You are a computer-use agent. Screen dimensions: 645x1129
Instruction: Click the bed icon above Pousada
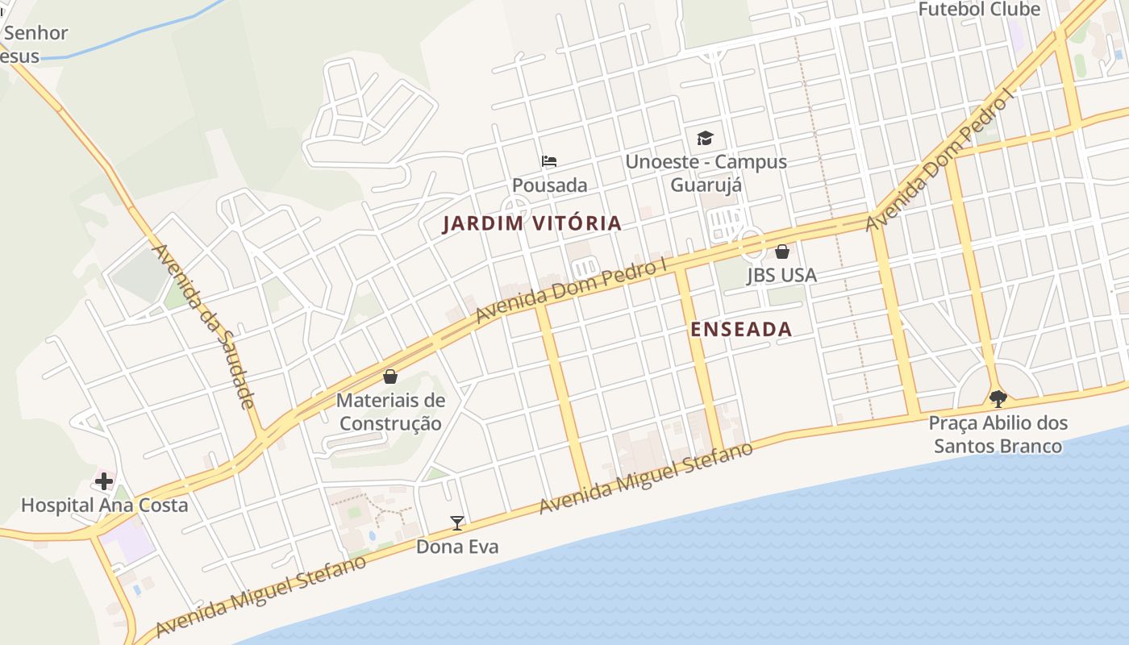click(x=549, y=161)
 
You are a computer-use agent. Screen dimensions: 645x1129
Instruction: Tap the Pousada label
click(x=549, y=185)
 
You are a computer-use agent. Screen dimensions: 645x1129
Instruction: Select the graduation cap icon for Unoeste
click(x=706, y=138)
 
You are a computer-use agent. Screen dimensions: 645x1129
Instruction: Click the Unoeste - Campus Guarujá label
click(x=706, y=173)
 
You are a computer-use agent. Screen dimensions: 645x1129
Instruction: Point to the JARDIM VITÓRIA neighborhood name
click(x=532, y=223)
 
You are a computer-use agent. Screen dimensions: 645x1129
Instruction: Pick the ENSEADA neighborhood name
click(x=741, y=329)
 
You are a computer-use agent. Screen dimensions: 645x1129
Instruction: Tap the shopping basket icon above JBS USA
click(x=781, y=252)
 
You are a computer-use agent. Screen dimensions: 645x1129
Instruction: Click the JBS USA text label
click(x=781, y=275)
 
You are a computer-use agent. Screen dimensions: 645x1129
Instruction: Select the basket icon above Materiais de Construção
click(x=390, y=377)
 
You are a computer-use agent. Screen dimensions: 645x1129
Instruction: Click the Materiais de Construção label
click(x=390, y=411)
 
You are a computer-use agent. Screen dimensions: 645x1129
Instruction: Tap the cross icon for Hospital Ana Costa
click(x=104, y=482)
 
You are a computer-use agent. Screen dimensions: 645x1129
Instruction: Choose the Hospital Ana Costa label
click(x=104, y=506)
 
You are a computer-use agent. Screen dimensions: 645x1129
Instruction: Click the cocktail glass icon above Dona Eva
click(x=457, y=523)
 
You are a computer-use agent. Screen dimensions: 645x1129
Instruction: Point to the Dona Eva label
click(x=457, y=547)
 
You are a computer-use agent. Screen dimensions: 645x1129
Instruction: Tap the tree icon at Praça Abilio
click(x=998, y=398)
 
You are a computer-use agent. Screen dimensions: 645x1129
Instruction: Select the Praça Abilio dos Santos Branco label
click(x=998, y=434)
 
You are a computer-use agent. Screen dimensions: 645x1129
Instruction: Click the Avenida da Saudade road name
click(x=203, y=326)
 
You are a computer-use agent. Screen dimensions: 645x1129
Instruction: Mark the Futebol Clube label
click(x=979, y=10)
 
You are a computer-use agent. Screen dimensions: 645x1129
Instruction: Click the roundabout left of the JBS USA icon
click(x=752, y=240)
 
